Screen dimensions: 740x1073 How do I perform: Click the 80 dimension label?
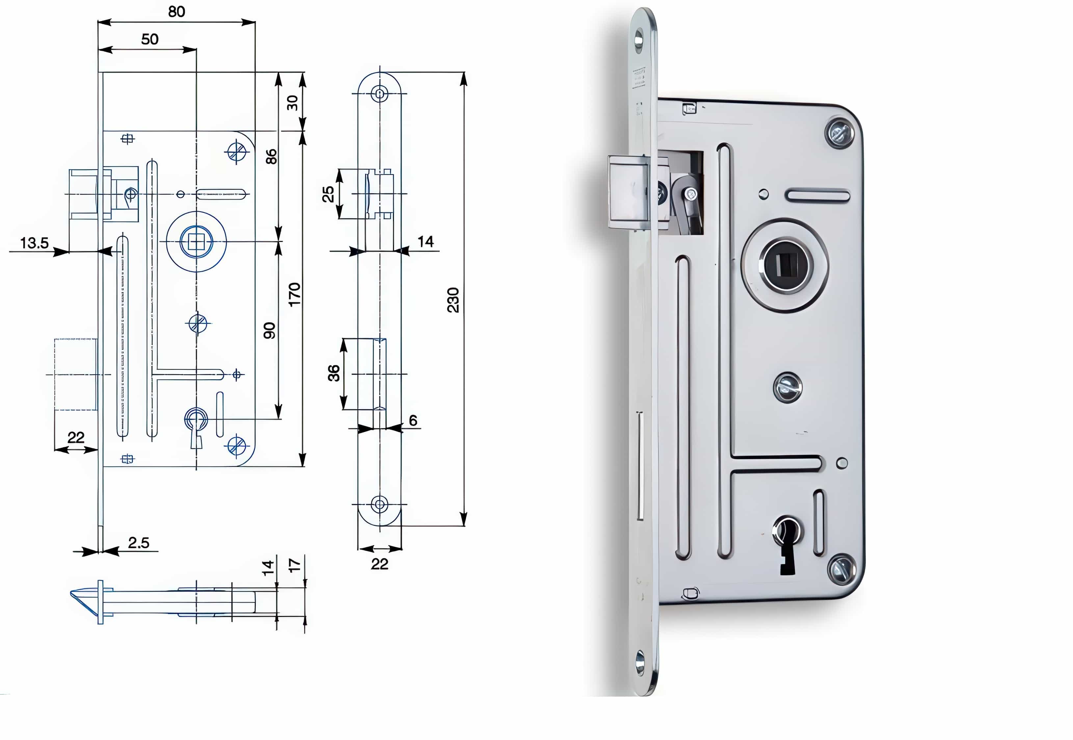point(177,12)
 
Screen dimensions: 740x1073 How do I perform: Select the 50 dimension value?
point(150,40)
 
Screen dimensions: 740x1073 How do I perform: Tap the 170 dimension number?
point(294,294)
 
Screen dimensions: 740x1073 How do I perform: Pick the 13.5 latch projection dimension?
point(34,243)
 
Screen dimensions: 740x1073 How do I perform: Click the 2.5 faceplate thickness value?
point(139,543)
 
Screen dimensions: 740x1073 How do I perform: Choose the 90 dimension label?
point(269,330)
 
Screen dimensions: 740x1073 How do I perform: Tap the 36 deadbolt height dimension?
point(334,373)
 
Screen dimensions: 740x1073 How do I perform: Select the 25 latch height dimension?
point(328,194)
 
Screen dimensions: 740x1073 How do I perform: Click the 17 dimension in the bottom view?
point(294,565)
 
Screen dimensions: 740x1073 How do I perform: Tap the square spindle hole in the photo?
point(787,265)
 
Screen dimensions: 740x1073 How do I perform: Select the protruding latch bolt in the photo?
point(628,193)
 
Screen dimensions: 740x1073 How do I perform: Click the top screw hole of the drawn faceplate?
point(379,94)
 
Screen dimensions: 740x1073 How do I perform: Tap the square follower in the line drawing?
point(196,242)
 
